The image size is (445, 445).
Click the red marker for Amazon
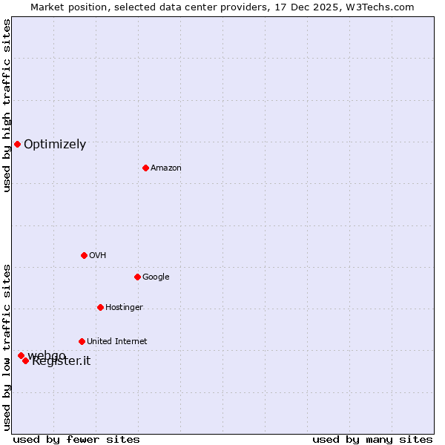click(x=145, y=168)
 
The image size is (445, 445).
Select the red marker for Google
click(x=137, y=277)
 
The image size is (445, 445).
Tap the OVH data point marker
click(x=84, y=255)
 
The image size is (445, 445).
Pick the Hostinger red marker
click(x=100, y=307)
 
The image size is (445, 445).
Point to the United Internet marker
click(x=82, y=341)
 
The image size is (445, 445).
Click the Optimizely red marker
click(x=17, y=144)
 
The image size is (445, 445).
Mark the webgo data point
click(x=21, y=355)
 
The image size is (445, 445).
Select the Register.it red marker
click(x=25, y=360)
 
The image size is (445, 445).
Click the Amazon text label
click(x=166, y=168)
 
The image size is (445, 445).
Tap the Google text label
click(x=156, y=277)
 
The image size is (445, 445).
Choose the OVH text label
click(x=97, y=256)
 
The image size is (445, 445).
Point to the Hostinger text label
click(x=124, y=308)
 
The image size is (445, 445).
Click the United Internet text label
click(x=116, y=342)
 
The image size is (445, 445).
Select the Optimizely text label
click(x=55, y=145)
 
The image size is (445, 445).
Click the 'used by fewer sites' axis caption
click(x=76, y=439)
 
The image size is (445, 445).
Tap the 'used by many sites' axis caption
click(x=372, y=439)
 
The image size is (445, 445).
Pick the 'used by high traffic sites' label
click(x=7, y=105)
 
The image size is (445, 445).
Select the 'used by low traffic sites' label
click(x=7, y=347)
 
